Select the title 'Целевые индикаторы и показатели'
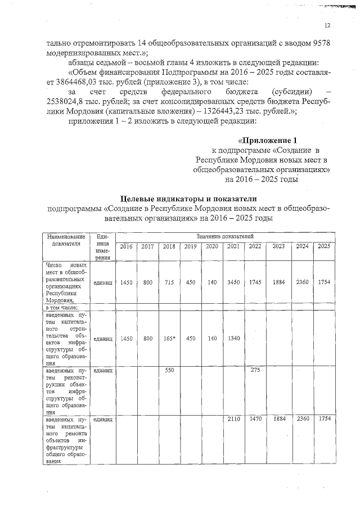pos(189,198)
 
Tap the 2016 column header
pos(127,246)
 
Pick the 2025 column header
pos(323,246)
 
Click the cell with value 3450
pos(233,283)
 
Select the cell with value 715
pos(169,283)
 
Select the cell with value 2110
pos(233,419)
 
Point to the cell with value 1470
pos(255,419)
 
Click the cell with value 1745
pos(255,283)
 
